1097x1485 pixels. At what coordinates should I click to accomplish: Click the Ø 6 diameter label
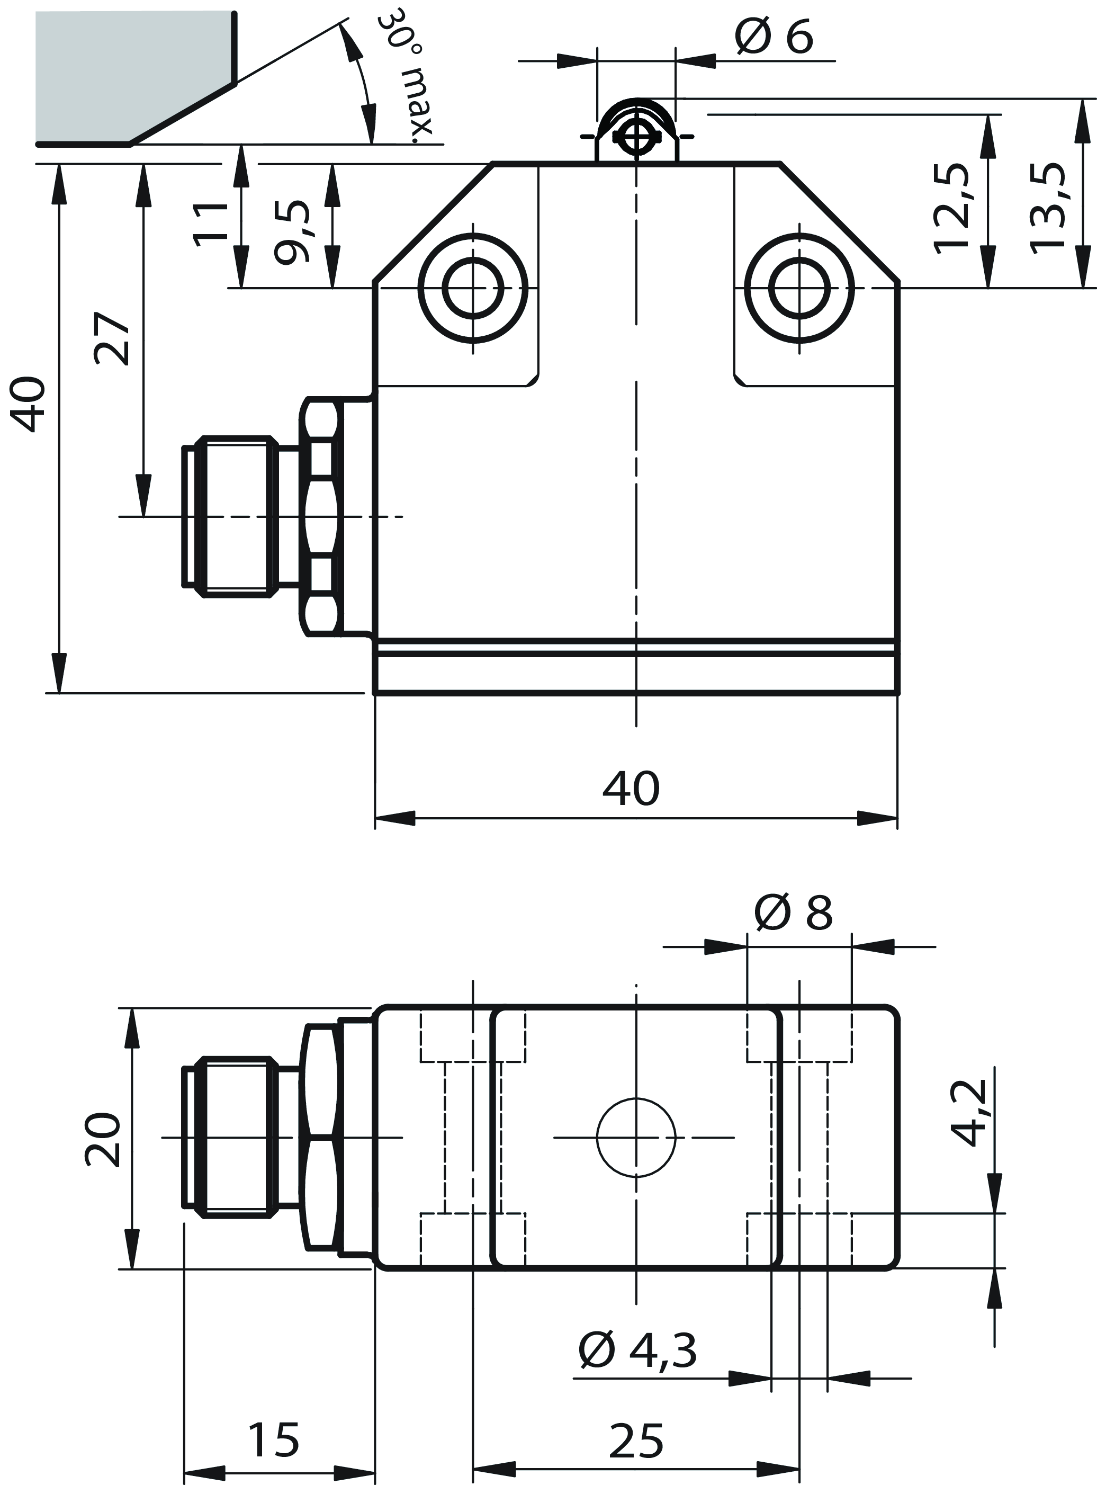coord(774,37)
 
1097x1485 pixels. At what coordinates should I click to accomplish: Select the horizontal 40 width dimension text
coord(631,789)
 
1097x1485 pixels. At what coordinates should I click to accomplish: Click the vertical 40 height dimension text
coord(30,405)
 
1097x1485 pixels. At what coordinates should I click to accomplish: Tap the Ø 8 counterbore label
coord(794,913)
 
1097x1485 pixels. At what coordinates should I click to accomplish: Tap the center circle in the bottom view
coord(636,1138)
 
